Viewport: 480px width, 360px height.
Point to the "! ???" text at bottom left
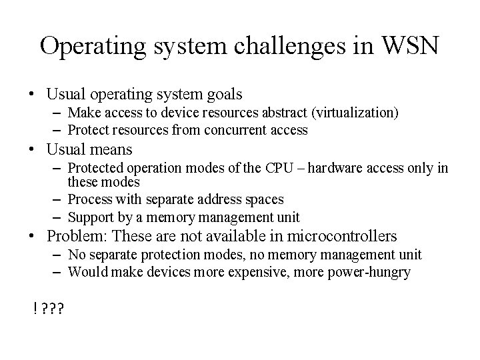[47, 309]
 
